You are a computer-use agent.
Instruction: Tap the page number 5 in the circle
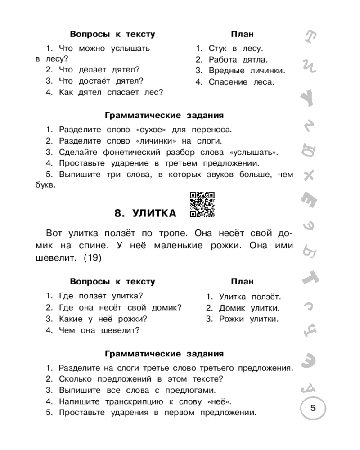click(313, 409)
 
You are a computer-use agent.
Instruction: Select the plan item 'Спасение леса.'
click(241, 82)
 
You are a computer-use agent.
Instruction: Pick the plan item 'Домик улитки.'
click(249, 308)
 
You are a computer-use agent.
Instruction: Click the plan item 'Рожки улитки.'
click(248, 319)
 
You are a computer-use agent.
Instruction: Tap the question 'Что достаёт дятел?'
click(100, 81)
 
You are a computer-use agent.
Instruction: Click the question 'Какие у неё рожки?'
click(103, 319)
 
